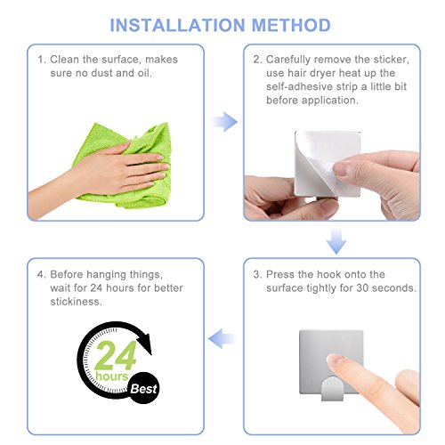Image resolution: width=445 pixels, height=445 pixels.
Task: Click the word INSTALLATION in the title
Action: (177, 25)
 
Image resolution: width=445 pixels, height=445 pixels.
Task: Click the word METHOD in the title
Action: (291, 25)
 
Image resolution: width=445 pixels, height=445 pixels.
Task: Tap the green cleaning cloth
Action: (126, 166)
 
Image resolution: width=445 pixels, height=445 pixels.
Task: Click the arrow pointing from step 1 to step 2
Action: (224, 122)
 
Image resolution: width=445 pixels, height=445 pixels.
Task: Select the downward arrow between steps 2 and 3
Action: (336, 241)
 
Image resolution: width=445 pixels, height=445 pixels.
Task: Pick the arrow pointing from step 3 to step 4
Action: (222, 338)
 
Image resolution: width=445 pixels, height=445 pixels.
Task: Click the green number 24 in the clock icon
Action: (116, 355)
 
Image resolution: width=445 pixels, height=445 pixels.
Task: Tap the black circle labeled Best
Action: (143, 388)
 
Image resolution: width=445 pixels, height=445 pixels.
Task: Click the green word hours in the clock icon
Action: (111, 376)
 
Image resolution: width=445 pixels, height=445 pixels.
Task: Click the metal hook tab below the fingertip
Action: (332, 389)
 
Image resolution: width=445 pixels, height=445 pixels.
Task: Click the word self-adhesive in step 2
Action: (300, 86)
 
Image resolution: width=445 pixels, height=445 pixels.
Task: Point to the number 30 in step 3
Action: (362, 287)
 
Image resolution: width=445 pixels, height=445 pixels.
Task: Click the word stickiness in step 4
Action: (76, 302)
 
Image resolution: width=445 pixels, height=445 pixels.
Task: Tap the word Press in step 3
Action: (280, 274)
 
